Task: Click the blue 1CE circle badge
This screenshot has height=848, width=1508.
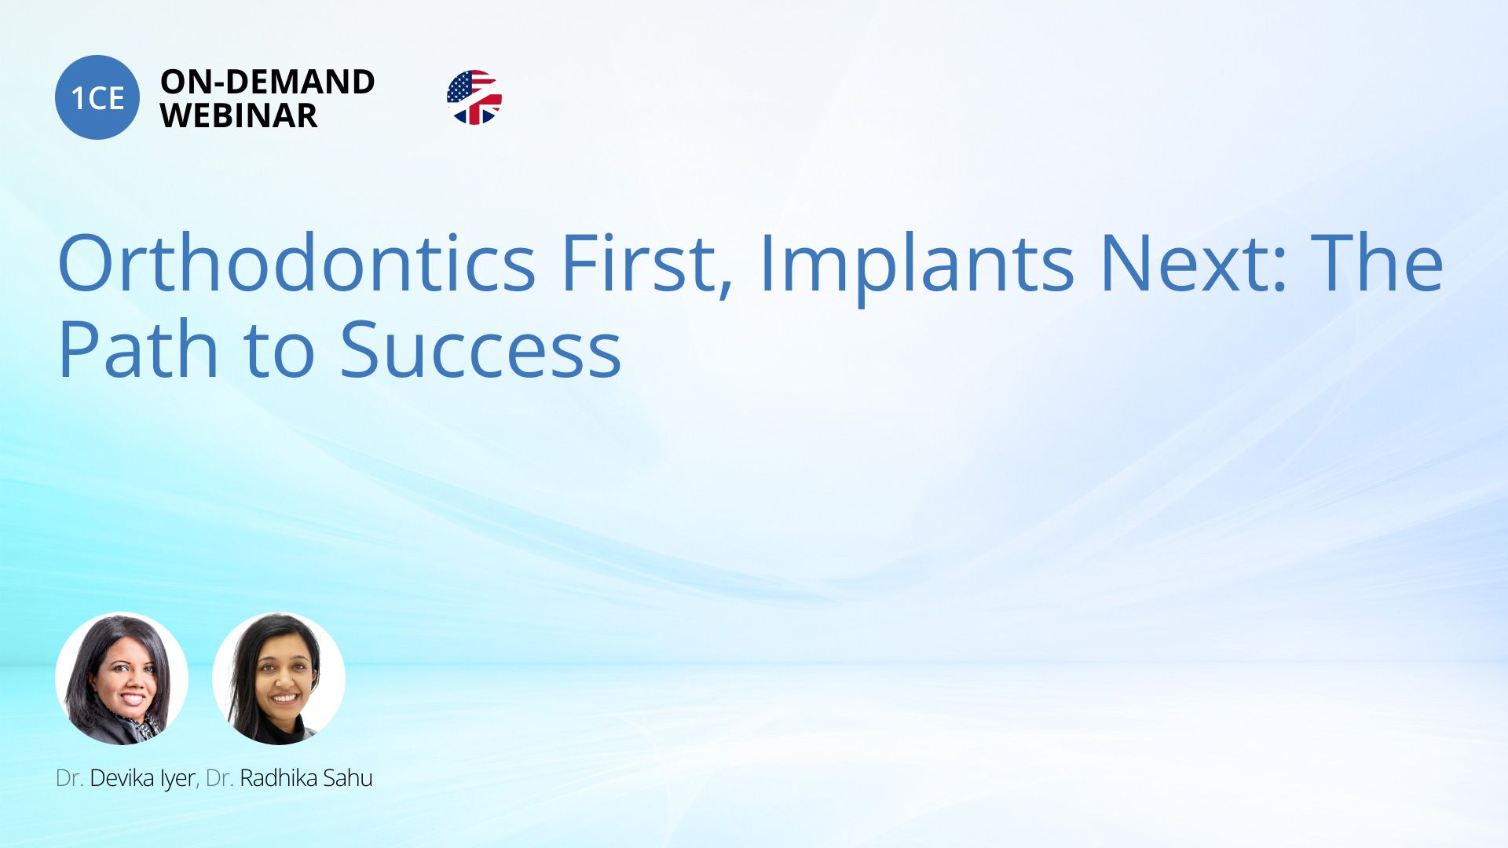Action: click(97, 97)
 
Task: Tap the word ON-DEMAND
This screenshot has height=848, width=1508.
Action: click(267, 82)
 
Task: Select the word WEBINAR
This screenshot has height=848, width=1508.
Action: click(239, 115)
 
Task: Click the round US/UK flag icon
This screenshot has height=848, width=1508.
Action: click(474, 97)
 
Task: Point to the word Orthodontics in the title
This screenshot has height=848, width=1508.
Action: click(297, 262)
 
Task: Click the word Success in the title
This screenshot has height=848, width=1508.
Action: click(481, 350)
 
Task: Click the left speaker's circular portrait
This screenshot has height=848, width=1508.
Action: click(122, 678)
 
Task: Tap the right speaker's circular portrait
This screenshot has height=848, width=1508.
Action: click(279, 678)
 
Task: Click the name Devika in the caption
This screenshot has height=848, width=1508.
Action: click(121, 778)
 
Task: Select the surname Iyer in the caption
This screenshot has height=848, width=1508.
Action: click(178, 779)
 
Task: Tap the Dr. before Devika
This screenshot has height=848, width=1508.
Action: click(69, 778)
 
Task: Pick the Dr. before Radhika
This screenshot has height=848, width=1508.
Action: click(219, 778)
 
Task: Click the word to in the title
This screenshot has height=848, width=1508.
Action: click(280, 352)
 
